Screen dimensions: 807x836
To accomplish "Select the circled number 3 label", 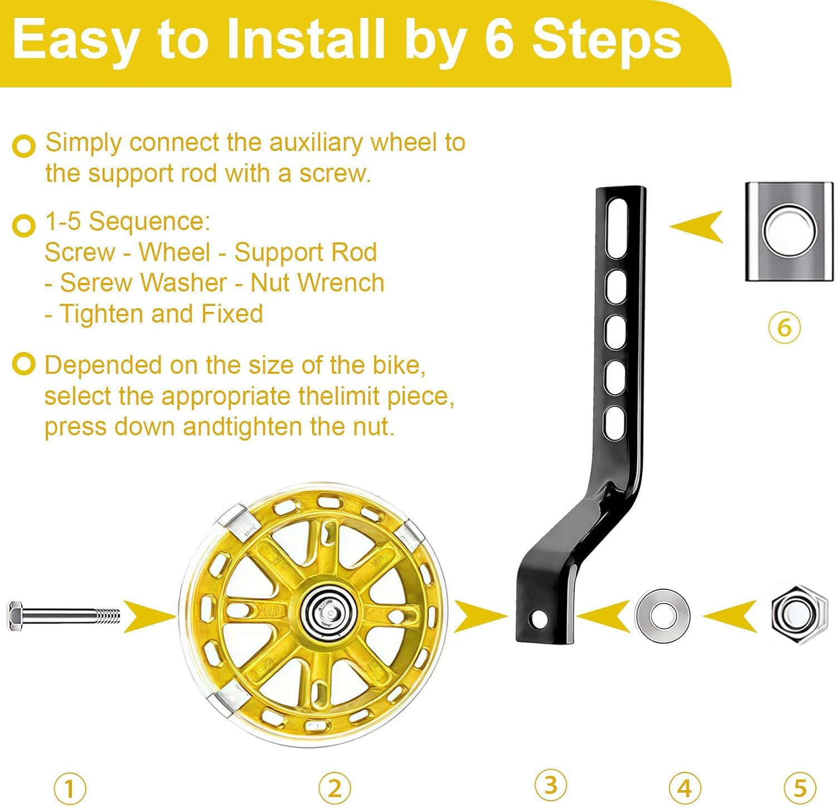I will [x=550, y=785].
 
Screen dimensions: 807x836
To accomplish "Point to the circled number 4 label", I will [x=684, y=788].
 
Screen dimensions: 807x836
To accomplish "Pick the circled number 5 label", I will [x=800, y=788].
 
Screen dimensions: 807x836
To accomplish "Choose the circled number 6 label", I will [x=784, y=327].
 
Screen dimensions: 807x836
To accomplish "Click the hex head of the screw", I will [x=15, y=616].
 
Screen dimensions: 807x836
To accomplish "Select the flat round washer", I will [x=662, y=615].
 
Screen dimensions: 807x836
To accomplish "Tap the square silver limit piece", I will [x=789, y=231].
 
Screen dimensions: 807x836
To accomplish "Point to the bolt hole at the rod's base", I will [x=538, y=618].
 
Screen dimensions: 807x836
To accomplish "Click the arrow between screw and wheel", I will [x=148, y=616].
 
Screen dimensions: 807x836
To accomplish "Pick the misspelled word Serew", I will [x=85, y=283].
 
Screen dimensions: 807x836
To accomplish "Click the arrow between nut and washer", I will [x=731, y=616].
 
